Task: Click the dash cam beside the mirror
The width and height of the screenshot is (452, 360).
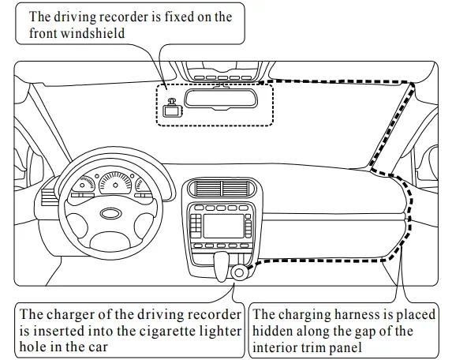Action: coord(170,109)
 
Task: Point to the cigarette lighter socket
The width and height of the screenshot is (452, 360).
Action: coord(237,273)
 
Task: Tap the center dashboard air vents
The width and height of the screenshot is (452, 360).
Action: coord(222,189)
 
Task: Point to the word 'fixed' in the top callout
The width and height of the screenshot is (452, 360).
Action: coord(168,17)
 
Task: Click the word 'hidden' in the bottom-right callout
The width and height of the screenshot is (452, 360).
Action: coord(275,331)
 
